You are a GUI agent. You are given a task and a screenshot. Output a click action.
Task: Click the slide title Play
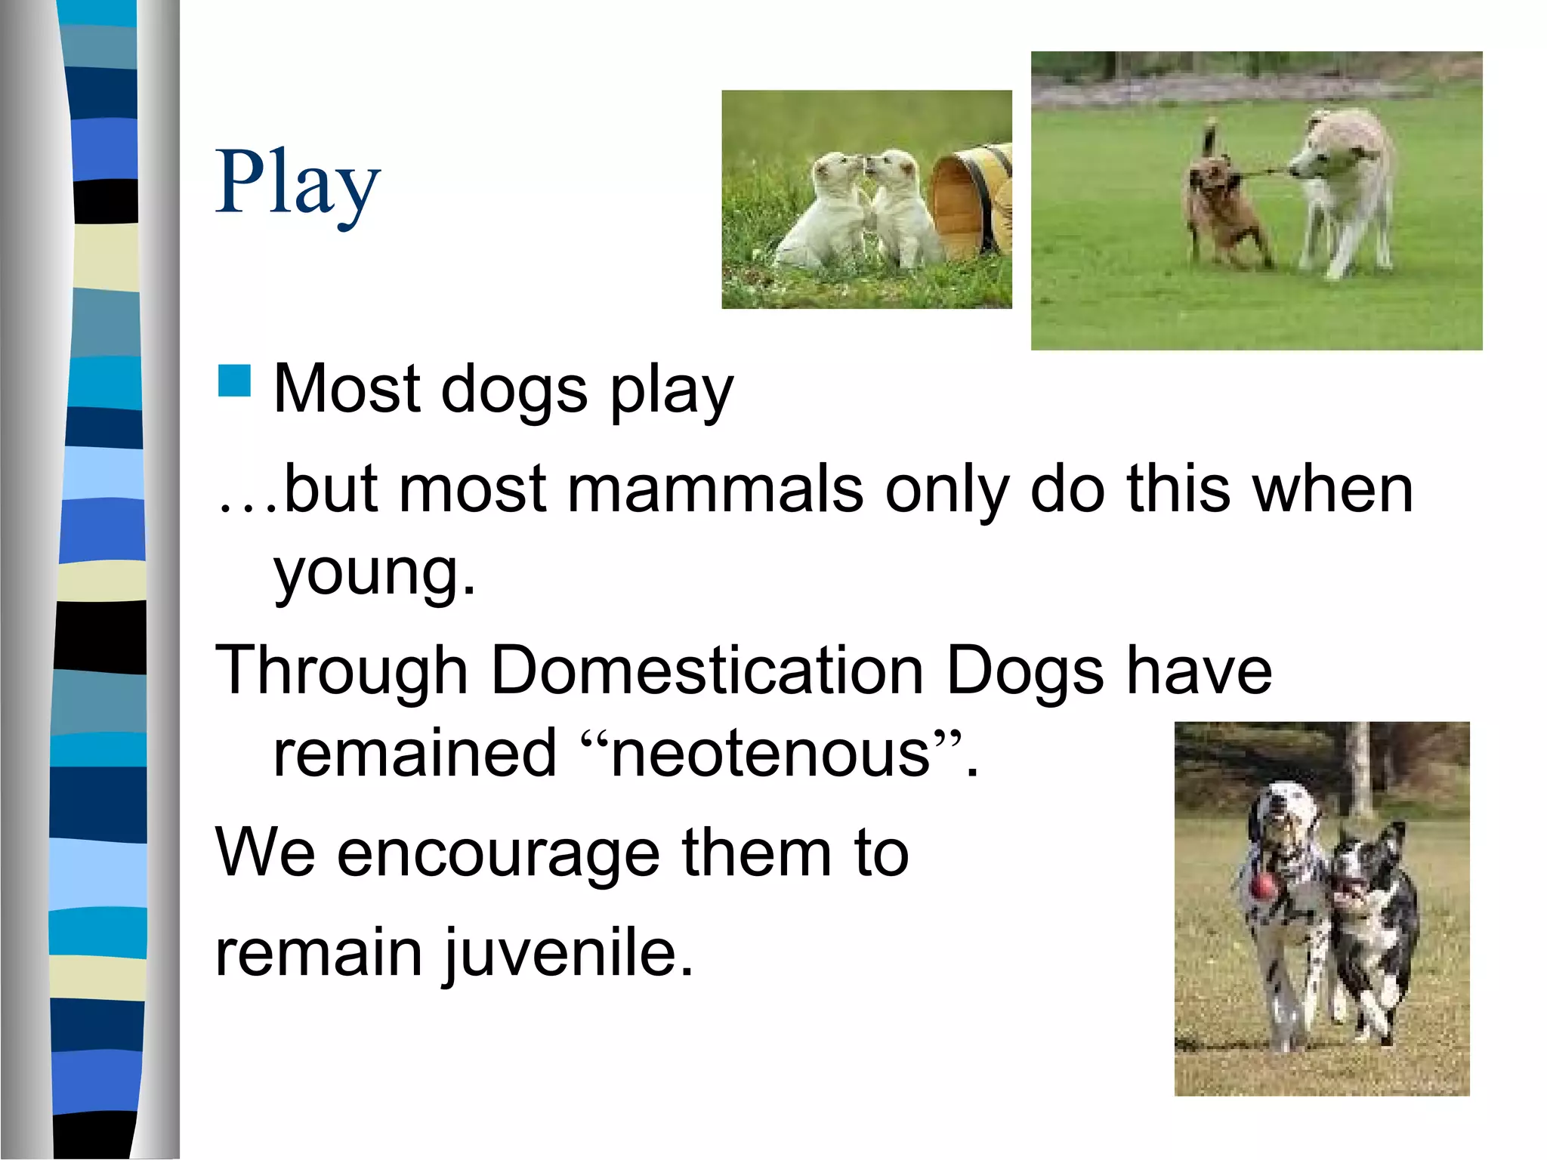[x=298, y=184]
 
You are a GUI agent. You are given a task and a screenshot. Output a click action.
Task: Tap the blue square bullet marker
[x=234, y=381]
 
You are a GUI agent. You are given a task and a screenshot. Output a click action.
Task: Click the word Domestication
[x=708, y=671]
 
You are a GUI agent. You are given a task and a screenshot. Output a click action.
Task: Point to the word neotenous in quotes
[x=770, y=753]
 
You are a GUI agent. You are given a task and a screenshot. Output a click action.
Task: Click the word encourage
[x=499, y=853]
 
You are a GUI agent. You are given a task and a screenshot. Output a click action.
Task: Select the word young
[x=374, y=574]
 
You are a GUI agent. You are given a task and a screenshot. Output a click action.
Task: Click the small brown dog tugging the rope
[x=1224, y=208]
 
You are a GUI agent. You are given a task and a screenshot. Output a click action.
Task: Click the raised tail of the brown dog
[x=1209, y=140]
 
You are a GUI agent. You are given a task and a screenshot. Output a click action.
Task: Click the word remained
[x=415, y=753]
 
